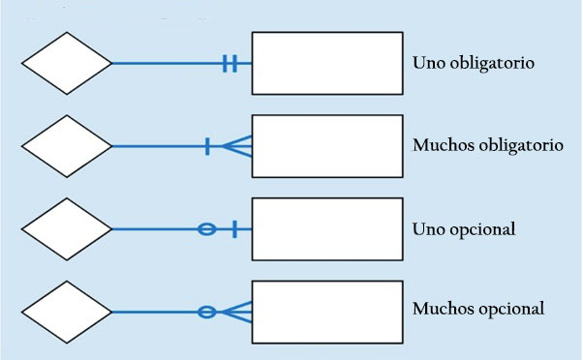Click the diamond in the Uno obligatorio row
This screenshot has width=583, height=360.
66,64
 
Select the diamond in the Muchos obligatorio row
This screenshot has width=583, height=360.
66,147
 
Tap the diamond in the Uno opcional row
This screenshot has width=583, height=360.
66,229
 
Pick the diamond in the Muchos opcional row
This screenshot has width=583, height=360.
66,312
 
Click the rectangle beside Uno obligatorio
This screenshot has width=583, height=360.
326,64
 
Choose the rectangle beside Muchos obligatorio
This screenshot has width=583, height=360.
326,146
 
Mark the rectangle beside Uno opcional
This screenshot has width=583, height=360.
326,229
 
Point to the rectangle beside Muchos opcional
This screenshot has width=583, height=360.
326,312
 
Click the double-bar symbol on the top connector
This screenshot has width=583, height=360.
230,64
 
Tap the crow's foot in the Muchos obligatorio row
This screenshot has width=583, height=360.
238,147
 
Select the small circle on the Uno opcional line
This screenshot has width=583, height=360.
205,229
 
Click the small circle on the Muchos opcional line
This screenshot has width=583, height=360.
205,312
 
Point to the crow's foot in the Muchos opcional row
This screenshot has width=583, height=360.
238,312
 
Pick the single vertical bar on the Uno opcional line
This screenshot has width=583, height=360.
234,229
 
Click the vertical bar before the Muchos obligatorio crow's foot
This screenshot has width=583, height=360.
208,147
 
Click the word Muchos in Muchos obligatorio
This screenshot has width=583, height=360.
443,146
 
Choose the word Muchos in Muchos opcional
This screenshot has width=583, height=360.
443,310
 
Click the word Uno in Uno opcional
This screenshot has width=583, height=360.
428,229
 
